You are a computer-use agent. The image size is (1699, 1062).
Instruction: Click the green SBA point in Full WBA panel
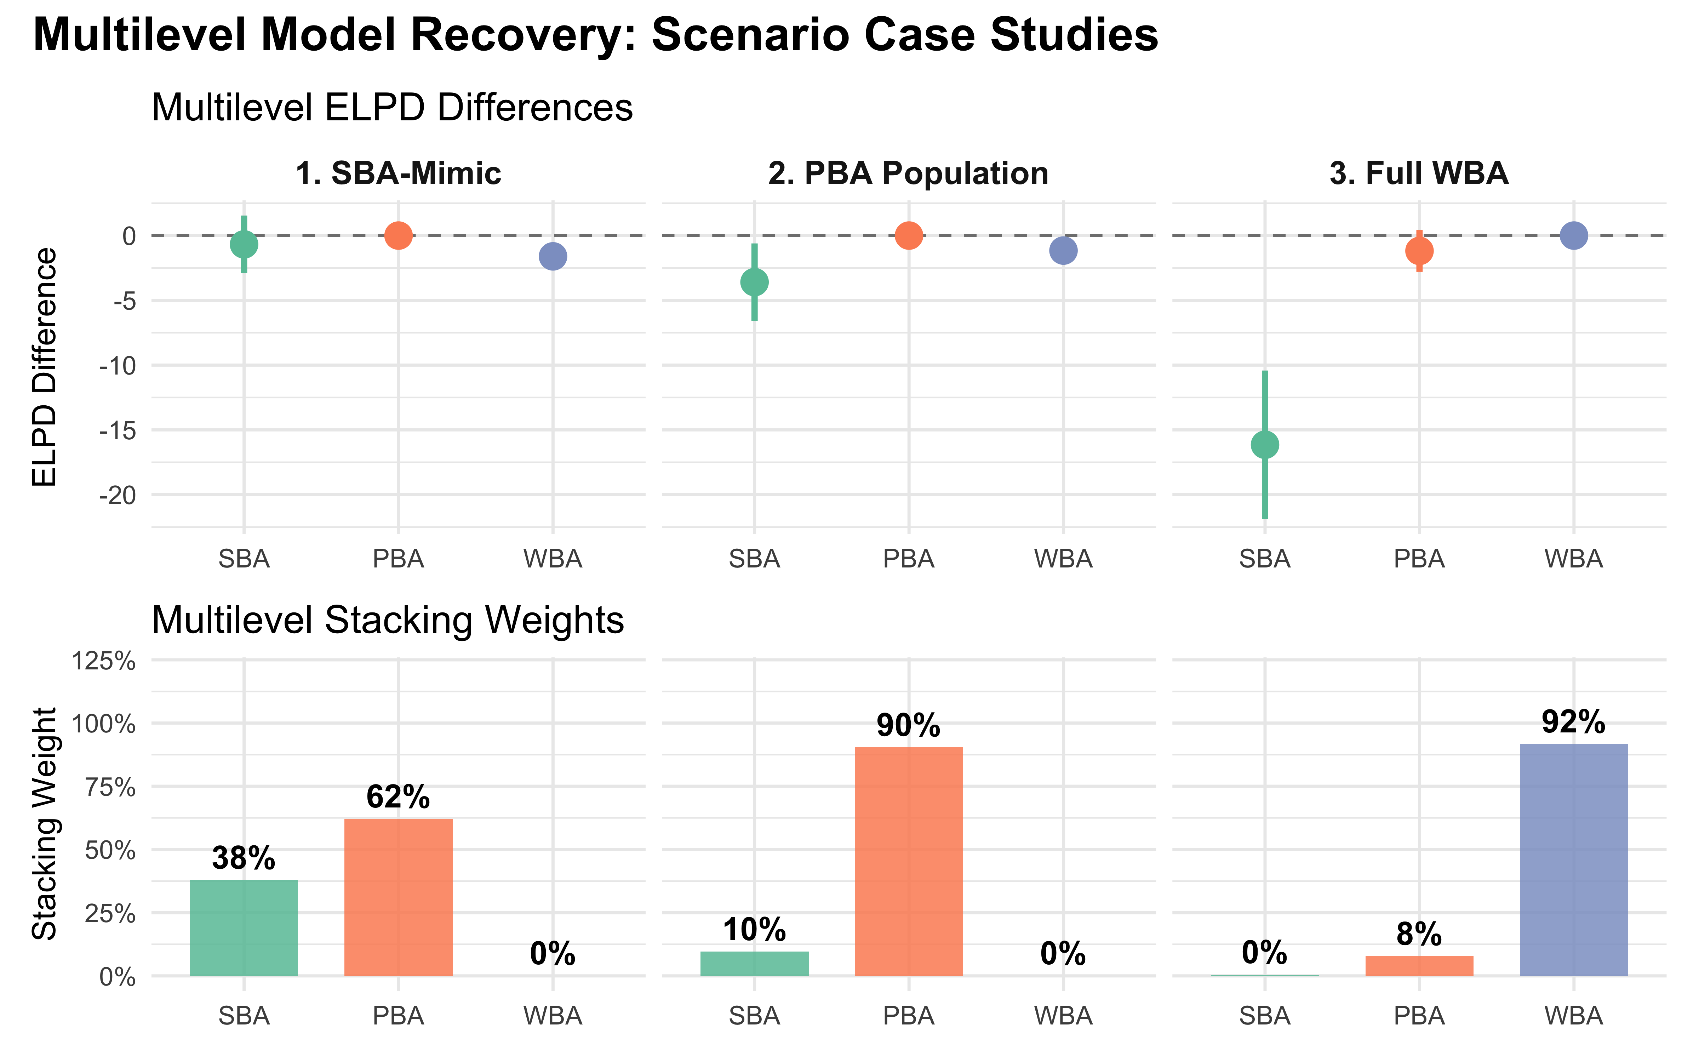[x=1264, y=445]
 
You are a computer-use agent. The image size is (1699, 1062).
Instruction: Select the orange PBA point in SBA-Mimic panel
[x=398, y=235]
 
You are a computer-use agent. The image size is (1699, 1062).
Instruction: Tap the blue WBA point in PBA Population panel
[x=1063, y=250]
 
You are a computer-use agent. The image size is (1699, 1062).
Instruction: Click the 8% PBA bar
[x=1419, y=966]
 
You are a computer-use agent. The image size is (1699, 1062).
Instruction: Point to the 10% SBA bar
[x=754, y=964]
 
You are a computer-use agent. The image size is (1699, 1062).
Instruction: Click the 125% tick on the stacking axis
[x=104, y=661]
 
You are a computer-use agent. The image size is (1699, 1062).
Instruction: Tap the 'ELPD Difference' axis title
[x=45, y=367]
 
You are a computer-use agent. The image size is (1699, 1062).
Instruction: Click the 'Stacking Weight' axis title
[x=45, y=823]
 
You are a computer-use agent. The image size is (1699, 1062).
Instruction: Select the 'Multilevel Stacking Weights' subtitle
[x=388, y=620]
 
